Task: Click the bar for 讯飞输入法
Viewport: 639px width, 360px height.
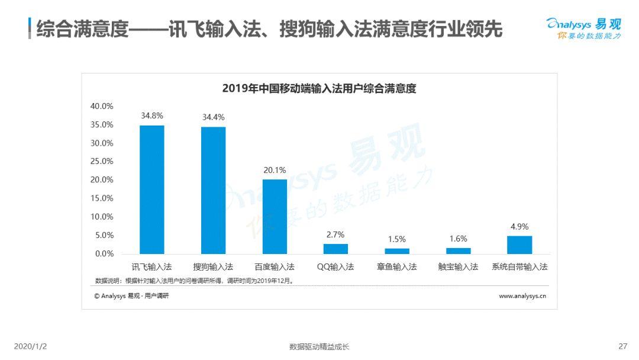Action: tap(152, 189)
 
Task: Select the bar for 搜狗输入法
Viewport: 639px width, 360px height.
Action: tap(213, 191)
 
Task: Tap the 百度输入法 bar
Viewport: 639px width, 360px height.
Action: tap(275, 217)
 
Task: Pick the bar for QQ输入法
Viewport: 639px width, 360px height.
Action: tap(335, 249)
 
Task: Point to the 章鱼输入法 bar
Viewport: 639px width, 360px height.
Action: tap(397, 251)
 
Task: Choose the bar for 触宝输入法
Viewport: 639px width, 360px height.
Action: tap(458, 251)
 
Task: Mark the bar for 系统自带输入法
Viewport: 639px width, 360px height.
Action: tap(519, 245)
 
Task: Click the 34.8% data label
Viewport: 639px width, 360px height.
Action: tap(152, 115)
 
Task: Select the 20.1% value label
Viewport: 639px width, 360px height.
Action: tap(275, 170)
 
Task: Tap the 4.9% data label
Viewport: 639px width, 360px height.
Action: tap(519, 226)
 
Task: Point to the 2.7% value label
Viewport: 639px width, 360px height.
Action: tap(335, 234)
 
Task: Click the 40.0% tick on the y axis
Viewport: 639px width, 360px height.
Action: tap(101, 106)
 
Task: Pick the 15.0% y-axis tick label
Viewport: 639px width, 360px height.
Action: tap(101, 198)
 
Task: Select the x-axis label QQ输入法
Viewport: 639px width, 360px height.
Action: tap(335, 267)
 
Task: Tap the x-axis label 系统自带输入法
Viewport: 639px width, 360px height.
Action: tap(519, 267)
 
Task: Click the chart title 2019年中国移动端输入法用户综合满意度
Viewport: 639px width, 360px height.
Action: tap(319, 89)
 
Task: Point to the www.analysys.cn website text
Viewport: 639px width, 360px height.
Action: tap(522, 296)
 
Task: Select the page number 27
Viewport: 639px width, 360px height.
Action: tap(622, 346)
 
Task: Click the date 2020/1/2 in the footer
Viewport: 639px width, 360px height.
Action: tap(30, 346)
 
